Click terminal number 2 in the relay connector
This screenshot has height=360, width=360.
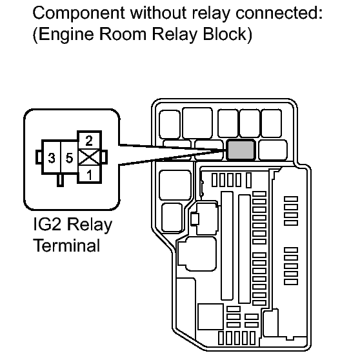[x=89, y=141]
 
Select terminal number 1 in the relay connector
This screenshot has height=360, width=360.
[x=89, y=174]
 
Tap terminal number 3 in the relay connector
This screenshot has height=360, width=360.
[x=52, y=157]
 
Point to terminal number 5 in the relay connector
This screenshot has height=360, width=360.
[x=69, y=157]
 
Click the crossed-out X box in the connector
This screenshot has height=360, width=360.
[x=89, y=157]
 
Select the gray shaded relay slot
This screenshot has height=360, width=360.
[x=241, y=150]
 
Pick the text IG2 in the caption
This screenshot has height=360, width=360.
[x=47, y=224]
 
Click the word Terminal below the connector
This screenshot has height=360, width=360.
[x=67, y=245]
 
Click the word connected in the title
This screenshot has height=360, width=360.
[x=279, y=13]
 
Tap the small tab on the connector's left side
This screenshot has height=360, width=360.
[x=39, y=157]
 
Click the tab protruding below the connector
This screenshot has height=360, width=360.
[x=60, y=180]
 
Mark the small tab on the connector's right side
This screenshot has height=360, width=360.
[x=104, y=157]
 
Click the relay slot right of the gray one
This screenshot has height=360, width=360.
[x=273, y=150]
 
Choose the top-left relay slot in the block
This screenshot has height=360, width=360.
[x=170, y=125]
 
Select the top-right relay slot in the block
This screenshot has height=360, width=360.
[x=272, y=123]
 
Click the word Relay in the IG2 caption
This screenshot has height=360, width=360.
[x=89, y=225]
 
